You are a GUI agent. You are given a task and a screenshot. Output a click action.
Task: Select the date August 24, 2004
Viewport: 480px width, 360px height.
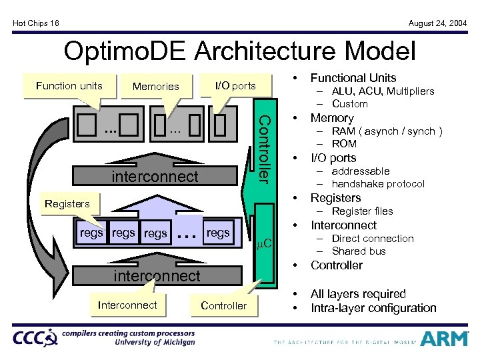[437, 23]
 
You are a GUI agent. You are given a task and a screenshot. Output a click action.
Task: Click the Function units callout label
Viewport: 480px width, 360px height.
[69, 85]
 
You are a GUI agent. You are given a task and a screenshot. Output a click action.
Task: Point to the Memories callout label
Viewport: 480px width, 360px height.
[156, 86]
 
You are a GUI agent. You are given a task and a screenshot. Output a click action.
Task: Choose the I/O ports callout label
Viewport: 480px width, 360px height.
[234, 85]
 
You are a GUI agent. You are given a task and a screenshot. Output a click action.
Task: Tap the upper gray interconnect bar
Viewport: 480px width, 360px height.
[155, 177]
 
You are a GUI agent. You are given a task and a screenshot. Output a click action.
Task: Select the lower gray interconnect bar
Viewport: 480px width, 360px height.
[157, 275]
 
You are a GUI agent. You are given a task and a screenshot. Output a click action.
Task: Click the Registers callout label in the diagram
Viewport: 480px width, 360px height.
[67, 204]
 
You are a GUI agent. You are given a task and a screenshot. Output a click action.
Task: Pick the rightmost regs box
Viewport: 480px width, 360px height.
[218, 233]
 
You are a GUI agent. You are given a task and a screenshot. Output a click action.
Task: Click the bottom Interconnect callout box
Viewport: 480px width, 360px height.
[127, 305]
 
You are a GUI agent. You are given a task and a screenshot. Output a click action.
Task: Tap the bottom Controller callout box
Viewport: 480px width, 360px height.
[223, 305]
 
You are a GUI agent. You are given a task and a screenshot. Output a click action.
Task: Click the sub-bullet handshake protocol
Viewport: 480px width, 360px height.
[377, 184]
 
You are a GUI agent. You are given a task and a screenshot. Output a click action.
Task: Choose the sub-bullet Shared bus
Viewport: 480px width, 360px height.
[359, 251]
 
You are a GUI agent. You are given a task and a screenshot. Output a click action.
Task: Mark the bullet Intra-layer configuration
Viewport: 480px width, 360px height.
[373, 308]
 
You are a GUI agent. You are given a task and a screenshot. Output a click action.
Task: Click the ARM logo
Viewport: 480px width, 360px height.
[445, 338]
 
